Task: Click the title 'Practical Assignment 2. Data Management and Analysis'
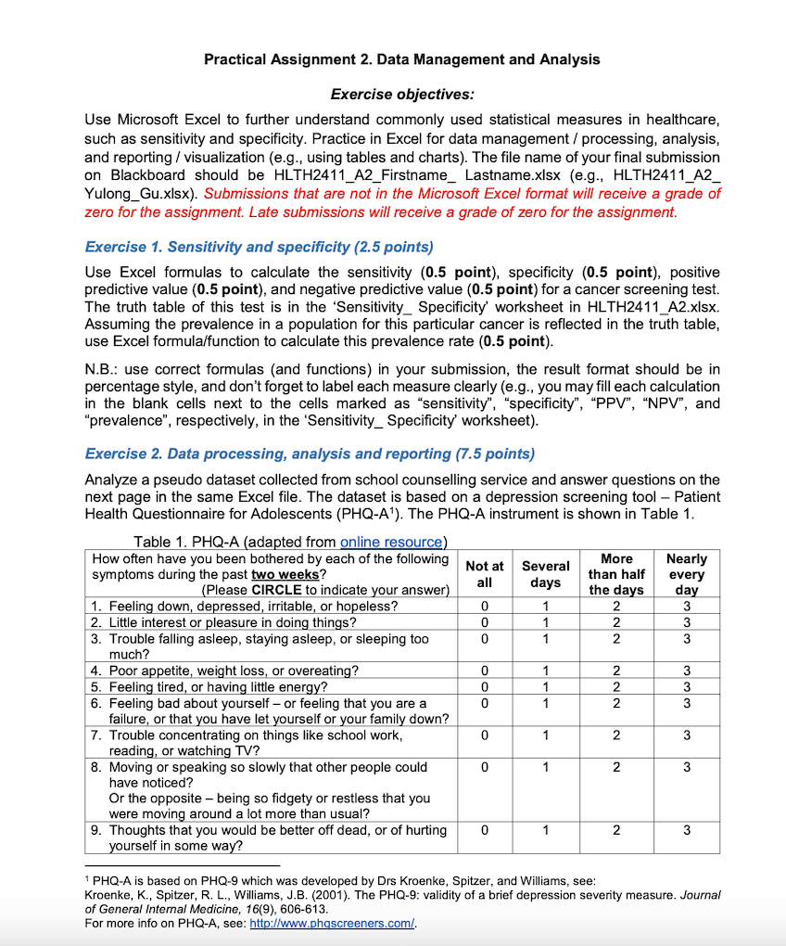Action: click(x=401, y=59)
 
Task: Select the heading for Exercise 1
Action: click(x=259, y=247)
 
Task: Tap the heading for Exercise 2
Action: click(x=310, y=454)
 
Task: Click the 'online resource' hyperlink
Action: click(x=392, y=542)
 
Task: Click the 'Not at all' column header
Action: click(x=484, y=574)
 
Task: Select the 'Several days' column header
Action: click(x=546, y=574)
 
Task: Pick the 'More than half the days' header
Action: click(x=616, y=574)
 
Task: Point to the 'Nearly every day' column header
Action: click(x=686, y=574)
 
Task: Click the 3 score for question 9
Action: click(x=686, y=831)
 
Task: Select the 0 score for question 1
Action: click(x=484, y=607)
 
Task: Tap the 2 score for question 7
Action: click(x=616, y=735)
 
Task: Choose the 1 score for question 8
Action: click(x=546, y=768)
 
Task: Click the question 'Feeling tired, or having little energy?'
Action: click(x=219, y=687)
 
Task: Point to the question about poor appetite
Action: click(x=224, y=671)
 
